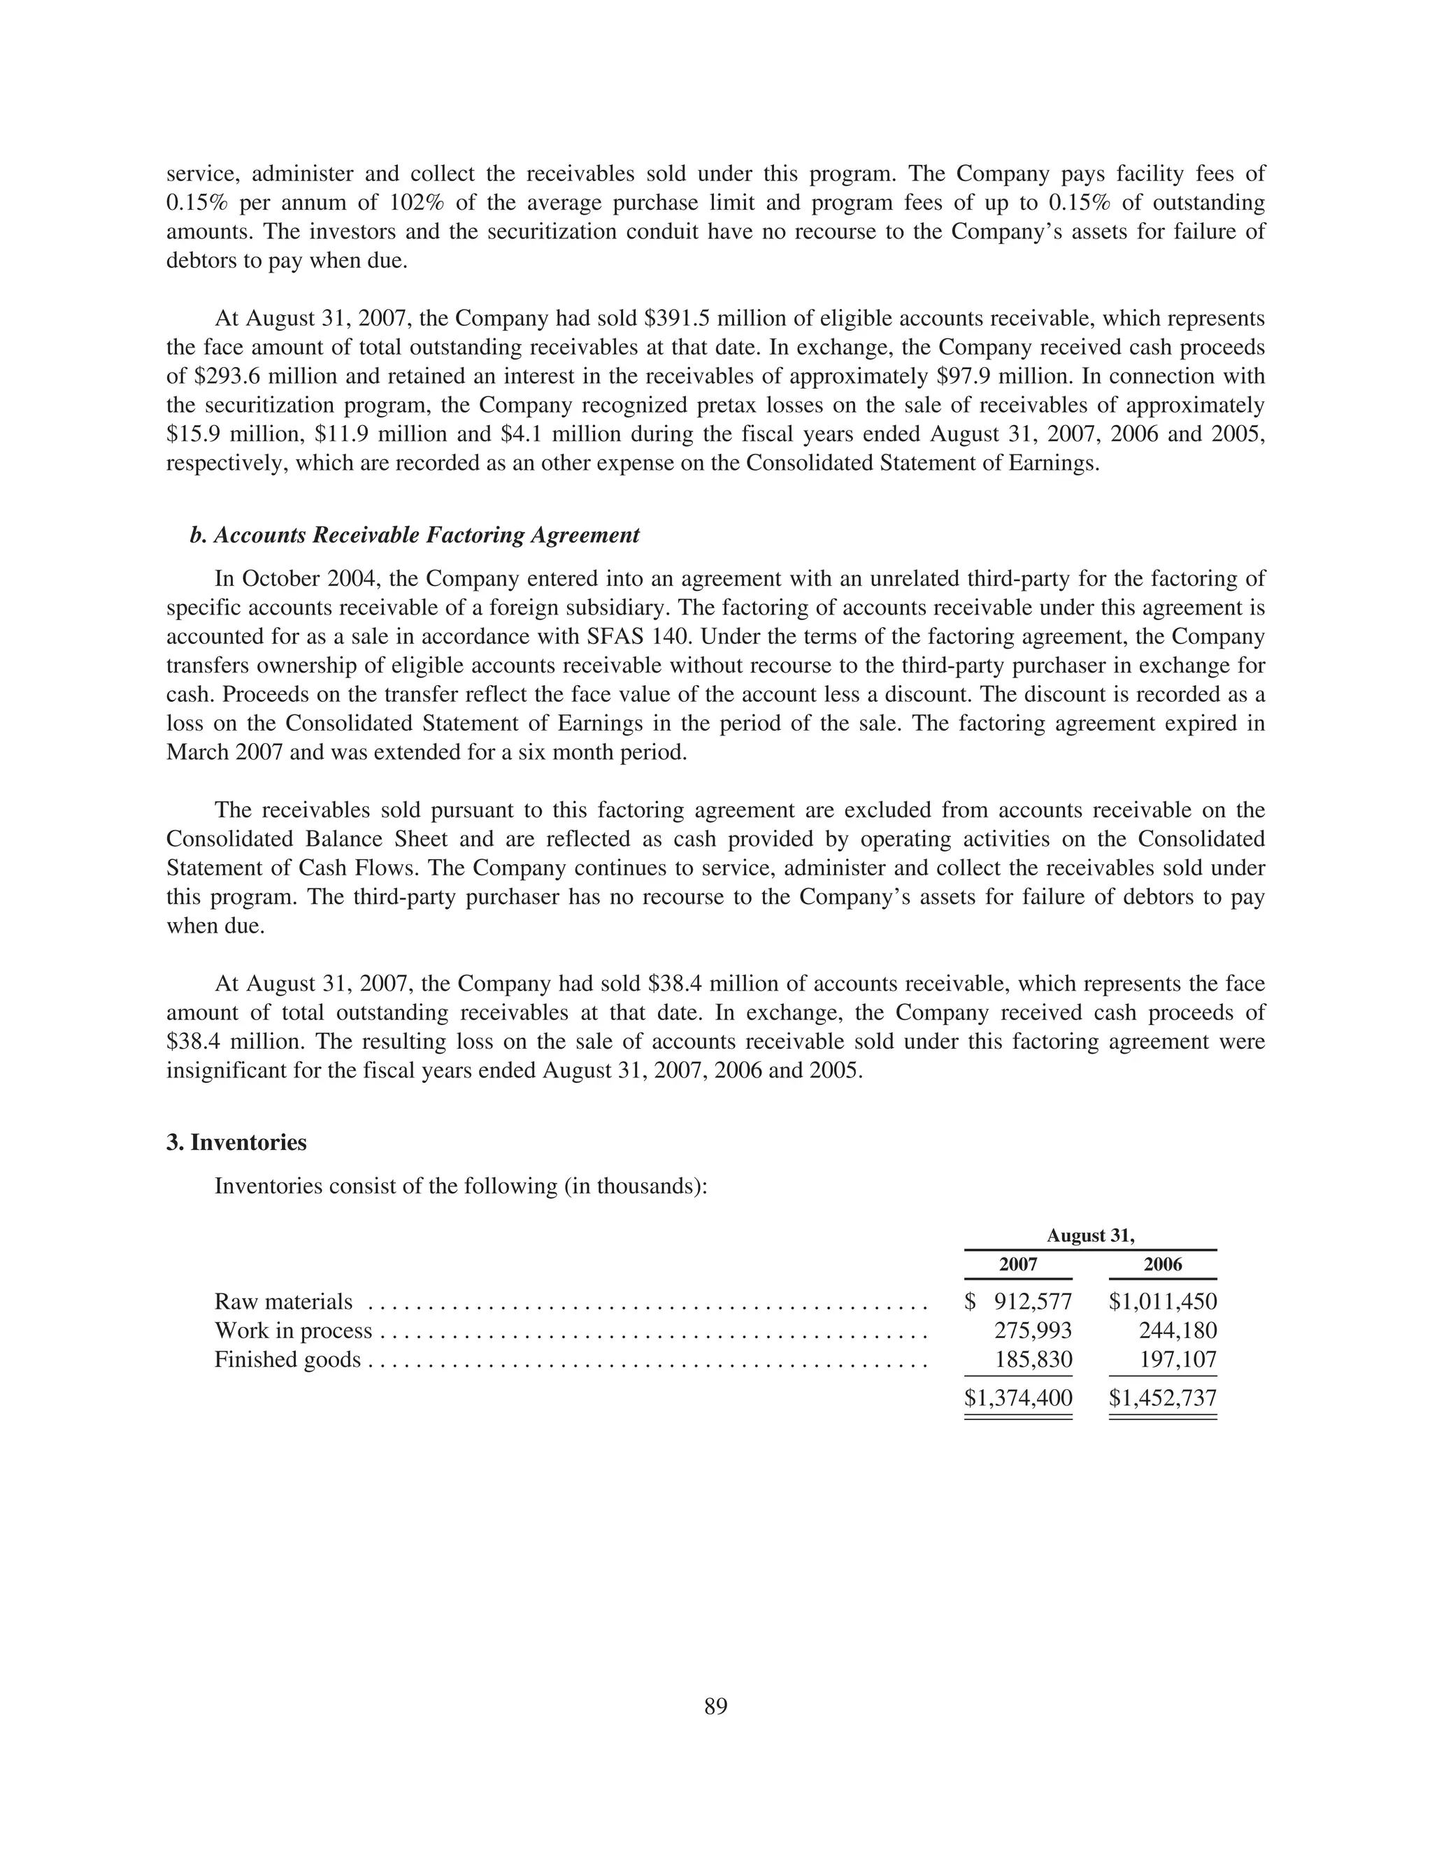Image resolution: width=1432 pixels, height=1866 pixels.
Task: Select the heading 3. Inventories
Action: pos(236,1142)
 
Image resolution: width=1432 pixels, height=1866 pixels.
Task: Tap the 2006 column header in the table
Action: pos(1163,1265)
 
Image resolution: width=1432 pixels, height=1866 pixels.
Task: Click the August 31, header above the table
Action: pos(1090,1235)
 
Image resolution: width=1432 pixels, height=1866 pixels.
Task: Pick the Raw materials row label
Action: pos(283,1302)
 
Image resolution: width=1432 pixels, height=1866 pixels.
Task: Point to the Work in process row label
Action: pos(293,1331)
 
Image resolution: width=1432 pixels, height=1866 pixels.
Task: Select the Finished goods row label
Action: pos(287,1360)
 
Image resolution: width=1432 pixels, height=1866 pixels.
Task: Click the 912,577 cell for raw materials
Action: pos(1032,1302)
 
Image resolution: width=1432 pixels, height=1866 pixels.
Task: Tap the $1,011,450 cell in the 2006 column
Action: pos(1163,1302)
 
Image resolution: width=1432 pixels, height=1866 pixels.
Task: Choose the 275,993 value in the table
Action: pos(1032,1331)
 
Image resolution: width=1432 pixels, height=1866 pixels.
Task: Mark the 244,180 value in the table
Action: pos(1177,1331)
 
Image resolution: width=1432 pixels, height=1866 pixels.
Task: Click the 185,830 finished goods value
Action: pos(1033,1360)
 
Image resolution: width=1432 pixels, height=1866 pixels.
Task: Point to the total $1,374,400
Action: pos(1018,1398)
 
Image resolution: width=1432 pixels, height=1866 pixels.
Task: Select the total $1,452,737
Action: pos(1163,1398)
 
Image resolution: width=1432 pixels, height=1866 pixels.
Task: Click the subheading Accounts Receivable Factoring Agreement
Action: pos(427,535)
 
